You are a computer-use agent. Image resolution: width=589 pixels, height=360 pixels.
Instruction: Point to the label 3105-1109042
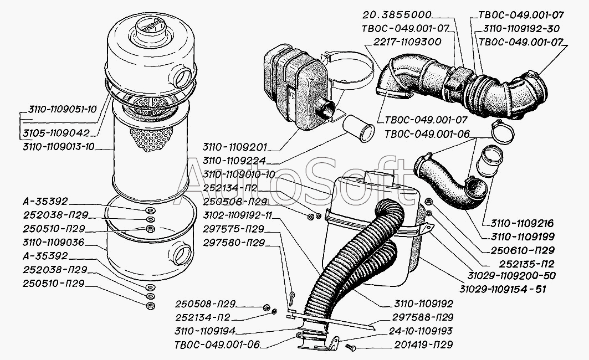(57, 133)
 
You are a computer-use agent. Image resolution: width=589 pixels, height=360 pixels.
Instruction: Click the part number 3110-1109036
(53, 241)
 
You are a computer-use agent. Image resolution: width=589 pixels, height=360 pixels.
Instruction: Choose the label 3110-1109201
(235, 148)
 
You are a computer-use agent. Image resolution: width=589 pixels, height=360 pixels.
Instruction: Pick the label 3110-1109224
(235, 161)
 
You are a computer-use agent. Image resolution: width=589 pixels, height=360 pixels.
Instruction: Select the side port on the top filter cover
(181, 74)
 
